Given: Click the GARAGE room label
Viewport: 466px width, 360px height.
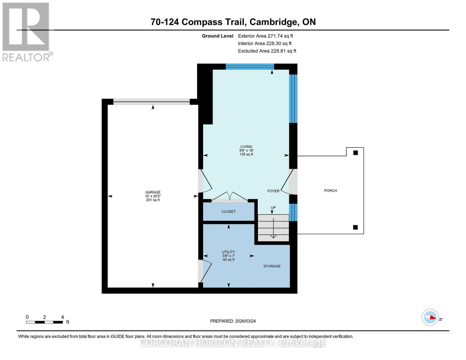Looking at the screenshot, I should point(153,192).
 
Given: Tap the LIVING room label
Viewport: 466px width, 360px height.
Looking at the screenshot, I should point(246,147).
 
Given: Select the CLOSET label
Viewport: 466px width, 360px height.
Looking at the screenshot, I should point(229,211).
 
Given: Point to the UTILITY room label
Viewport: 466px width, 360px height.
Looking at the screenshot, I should point(228,252).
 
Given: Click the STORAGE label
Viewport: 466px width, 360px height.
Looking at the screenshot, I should point(272,266).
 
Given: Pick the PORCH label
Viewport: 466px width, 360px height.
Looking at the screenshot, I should point(330,190).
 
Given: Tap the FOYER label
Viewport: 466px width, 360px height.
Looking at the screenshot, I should point(273,191).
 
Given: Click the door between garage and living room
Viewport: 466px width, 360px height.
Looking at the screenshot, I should point(204,181).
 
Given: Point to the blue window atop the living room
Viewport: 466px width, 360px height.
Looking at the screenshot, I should point(250,67).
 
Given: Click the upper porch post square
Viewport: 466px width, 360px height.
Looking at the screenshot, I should point(356,153).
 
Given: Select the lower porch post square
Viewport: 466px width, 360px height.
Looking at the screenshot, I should point(355,227).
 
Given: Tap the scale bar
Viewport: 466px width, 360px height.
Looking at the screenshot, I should point(44,322).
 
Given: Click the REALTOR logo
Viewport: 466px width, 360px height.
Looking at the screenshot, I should point(26,32).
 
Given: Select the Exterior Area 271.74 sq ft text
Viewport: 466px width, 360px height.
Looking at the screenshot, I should point(265,36).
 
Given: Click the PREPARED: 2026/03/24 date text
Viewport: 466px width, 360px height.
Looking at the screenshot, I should point(233,321).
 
